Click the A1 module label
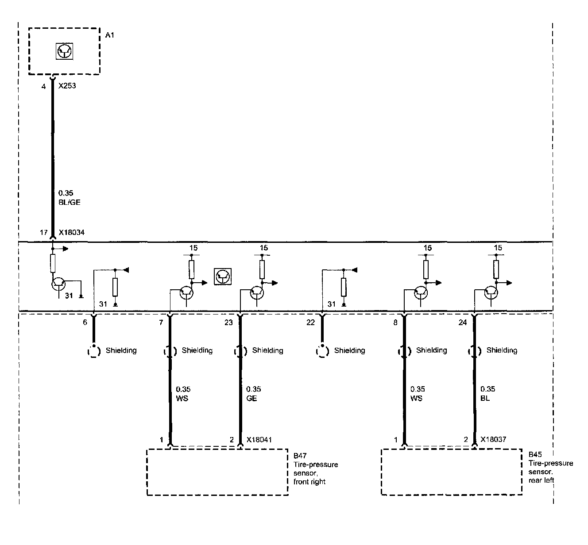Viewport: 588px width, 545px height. tap(109, 35)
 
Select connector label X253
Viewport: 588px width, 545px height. tap(67, 86)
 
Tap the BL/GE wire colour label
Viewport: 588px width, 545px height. tap(69, 202)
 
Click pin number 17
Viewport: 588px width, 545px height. tap(43, 232)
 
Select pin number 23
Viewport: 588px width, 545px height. tap(228, 322)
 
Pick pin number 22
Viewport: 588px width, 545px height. tap(310, 322)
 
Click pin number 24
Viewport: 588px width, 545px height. tap(462, 322)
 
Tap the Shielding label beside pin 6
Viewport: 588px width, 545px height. tap(121, 350)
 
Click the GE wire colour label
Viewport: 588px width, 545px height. tap(251, 398)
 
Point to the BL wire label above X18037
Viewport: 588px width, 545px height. tap(485, 398)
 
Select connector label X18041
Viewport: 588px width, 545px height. tap(259, 440)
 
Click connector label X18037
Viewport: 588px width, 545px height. tap(494, 440)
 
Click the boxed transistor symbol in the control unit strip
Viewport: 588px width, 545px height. tap(222, 276)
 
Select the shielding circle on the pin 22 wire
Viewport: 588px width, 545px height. tap(322, 351)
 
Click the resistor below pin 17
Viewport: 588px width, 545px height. tap(53, 263)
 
